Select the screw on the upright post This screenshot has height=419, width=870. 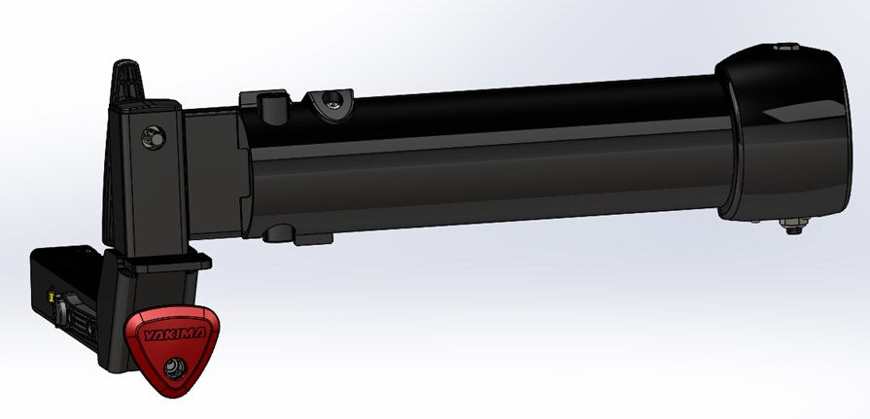tap(152, 137)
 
